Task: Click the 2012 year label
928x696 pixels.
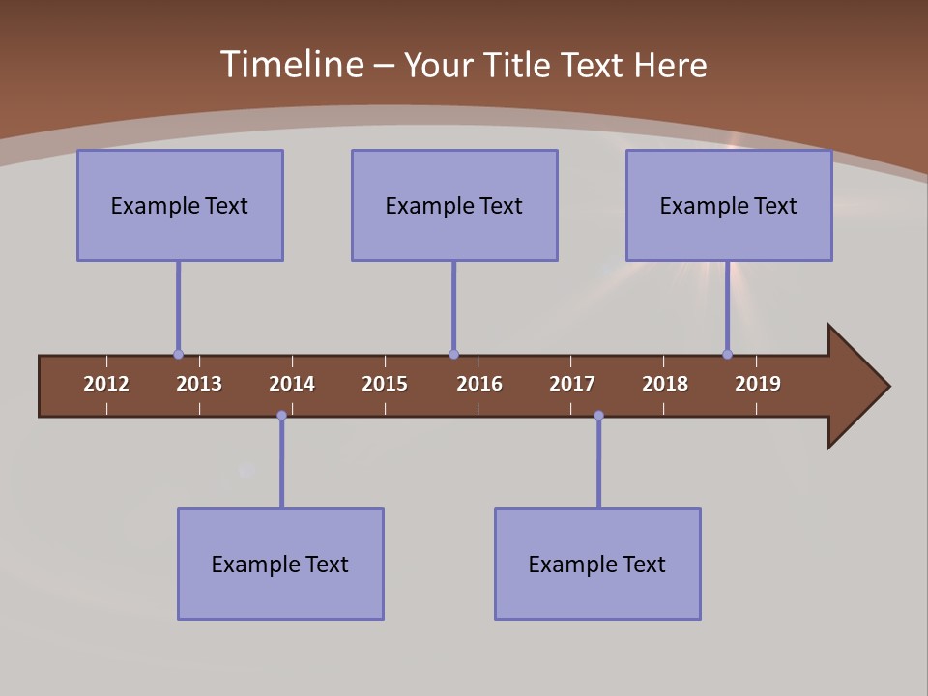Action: (x=106, y=384)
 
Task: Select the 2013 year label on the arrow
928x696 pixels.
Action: (x=199, y=384)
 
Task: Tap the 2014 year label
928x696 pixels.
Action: (x=292, y=384)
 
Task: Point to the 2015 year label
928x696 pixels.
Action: (x=385, y=384)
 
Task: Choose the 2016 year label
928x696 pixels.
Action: (x=479, y=384)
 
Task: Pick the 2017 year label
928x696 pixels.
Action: (x=572, y=384)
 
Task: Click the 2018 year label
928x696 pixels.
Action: (x=665, y=384)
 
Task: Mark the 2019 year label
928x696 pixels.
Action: (x=758, y=384)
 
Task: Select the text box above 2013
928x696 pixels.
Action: (x=180, y=205)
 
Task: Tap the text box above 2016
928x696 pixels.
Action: (x=454, y=205)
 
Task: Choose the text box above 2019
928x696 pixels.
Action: (x=729, y=205)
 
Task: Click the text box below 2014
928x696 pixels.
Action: (x=280, y=564)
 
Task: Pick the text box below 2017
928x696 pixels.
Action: (x=597, y=564)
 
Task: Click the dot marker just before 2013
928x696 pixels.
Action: (x=178, y=355)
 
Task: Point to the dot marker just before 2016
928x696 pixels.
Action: (x=453, y=355)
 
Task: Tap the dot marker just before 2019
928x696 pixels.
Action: (x=728, y=355)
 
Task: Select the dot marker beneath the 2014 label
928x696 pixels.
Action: (x=281, y=416)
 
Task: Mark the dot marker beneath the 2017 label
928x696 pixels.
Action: (x=598, y=416)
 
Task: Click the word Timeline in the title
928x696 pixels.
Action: (x=291, y=65)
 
